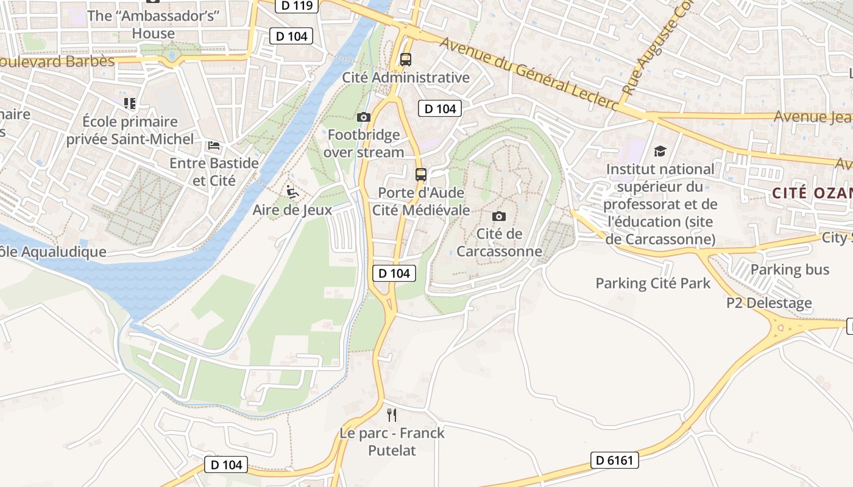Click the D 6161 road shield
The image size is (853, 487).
[x=614, y=460]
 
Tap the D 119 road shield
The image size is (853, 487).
[x=297, y=6]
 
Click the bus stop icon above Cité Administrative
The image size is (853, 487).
[x=406, y=60]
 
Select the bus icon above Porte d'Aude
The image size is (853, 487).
[x=421, y=175]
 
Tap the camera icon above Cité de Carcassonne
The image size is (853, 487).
[x=499, y=216]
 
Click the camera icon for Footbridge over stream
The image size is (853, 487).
[x=364, y=117]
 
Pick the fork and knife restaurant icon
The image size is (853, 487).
[x=392, y=415]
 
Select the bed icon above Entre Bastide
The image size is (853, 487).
[x=214, y=145]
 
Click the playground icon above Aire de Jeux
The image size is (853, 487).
[x=292, y=192]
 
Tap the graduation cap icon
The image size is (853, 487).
[x=660, y=151]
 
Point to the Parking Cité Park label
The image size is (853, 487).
[x=653, y=283]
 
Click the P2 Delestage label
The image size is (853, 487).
[x=769, y=303]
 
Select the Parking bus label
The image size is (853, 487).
[x=790, y=269]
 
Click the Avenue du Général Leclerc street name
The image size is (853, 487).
[x=528, y=74]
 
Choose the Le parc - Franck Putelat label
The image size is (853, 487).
[x=392, y=442]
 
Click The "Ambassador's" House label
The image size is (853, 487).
[x=153, y=24]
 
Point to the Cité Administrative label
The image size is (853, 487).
[x=406, y=77]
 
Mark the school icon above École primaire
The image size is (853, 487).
[x=130, y=103]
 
